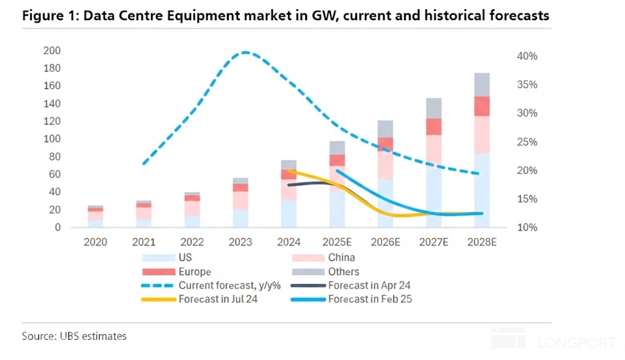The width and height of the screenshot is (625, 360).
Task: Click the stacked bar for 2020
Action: (95, 217)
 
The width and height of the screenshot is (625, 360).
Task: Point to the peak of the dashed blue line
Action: (245, 52)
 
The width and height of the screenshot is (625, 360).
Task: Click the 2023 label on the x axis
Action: (240, 242)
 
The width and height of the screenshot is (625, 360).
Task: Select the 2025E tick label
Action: (336, 242)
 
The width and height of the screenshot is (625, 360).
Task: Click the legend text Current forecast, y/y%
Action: (230, 285)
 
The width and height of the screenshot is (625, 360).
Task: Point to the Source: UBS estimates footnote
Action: (74, 336)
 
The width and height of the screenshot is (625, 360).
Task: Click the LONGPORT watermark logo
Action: (552, 340)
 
